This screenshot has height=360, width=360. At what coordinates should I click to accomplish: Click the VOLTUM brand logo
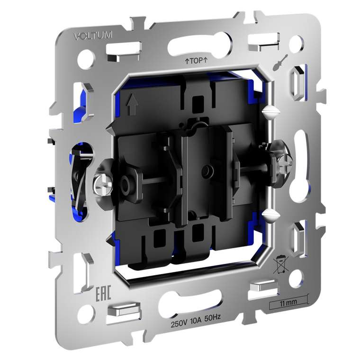click(x=93, y=36)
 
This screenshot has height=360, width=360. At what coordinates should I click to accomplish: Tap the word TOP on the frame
click(x=196, y=61)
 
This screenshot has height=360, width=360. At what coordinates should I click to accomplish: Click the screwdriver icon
click(x=280, y=63)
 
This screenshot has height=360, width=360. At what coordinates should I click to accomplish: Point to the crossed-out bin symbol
click(x=280, y=264)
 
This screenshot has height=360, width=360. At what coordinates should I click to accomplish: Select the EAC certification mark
click(x=103, y=293)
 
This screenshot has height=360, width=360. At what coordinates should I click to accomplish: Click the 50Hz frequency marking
click(x=212, y=318)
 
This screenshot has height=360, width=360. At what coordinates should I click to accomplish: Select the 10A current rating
click(x=196, y=321)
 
